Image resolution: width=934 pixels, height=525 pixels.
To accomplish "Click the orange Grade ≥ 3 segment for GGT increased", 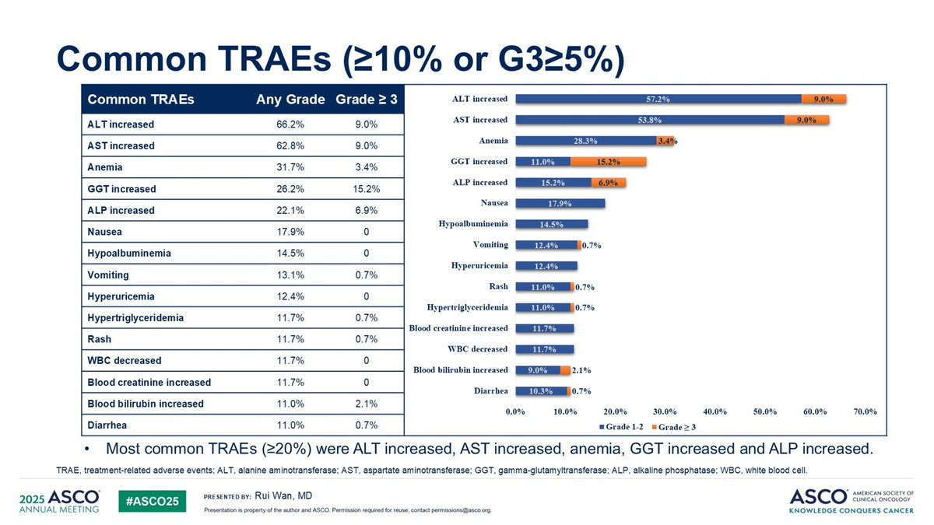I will click(608, 162).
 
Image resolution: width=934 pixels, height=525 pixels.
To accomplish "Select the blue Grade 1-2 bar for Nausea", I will click(560, 204).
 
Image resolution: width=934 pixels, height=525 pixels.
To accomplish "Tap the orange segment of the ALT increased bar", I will click(823, 99).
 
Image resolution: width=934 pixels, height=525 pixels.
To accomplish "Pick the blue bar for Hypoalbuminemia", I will click(551, 224).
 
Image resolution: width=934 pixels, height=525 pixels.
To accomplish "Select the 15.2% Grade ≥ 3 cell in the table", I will click(366, 189).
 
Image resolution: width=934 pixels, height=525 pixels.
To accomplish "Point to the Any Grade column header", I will click(290, 100).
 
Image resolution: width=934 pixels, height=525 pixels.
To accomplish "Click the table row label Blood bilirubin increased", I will click(146, 404).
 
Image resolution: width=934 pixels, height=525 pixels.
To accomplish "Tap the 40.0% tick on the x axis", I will click(715, 411).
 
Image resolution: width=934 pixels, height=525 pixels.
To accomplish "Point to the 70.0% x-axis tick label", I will click(865, 411).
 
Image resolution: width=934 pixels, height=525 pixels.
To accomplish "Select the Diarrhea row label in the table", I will click(108, 425).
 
